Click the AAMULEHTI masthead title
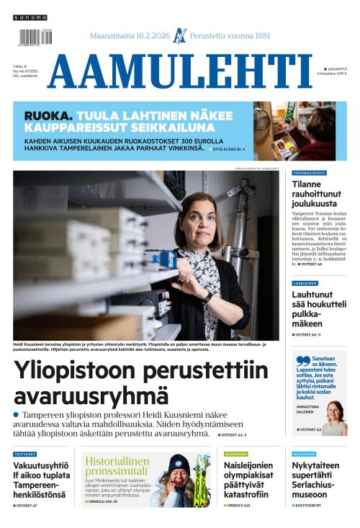pyautogui.click(x=180, y=72)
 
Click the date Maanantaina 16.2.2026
pyautogui.click(x=129, y=35)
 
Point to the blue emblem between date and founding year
pyautogui.click(x=179, y=35)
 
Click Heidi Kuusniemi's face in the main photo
pyautogui.click(x=195, y=219)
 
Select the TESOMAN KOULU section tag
pyautogui.click(x=309, y=173)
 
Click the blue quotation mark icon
pyautogui.click(x=303, y=359)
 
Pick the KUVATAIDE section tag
pyautogui.click(x=304, y=454)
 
